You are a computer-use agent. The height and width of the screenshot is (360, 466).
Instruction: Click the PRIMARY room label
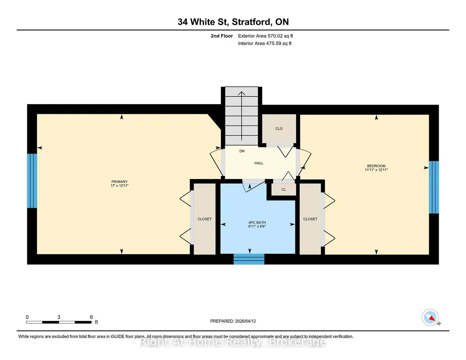click(x=120, y=182)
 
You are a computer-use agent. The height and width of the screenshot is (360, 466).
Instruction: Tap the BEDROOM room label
click(x=376, y=166)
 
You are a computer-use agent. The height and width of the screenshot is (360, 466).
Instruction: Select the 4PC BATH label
click(x=257, y=222)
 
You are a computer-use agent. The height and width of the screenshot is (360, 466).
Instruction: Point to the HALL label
click(x=259, y=163)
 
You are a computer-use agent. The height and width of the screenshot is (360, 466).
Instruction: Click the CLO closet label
click(x=279, y=129)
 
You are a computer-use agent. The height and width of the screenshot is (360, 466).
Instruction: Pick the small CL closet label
click(x=284, y=190)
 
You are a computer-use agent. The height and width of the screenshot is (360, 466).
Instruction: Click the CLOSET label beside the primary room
click(x=205, y=219)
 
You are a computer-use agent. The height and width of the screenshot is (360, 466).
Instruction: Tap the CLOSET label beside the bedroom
click(x=310, y=219)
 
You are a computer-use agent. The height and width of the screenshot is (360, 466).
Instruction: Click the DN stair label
click(x=242, y=151)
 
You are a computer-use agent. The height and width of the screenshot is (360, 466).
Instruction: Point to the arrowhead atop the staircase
click(x=241, y=94)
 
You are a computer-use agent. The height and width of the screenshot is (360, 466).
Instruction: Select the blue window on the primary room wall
click(x=32, y=180)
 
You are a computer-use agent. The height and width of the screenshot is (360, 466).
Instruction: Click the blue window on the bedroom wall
click(x=434, y=187)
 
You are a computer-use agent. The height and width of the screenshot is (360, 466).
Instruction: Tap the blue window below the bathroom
click(x=249, y=259)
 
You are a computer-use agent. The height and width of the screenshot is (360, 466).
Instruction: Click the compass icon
click(x=430, y=318)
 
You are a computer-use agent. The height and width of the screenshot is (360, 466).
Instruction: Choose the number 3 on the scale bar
click(x=59, y=317)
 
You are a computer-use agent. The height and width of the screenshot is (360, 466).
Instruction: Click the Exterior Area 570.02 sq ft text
click(x=266, y=36)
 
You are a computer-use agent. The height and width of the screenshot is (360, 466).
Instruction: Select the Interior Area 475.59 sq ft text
click(x=265, y=43)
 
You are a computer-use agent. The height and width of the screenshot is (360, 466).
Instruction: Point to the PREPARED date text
click(x=233, y=321)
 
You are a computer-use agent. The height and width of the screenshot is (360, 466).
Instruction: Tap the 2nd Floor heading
click(x=222, y=36)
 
